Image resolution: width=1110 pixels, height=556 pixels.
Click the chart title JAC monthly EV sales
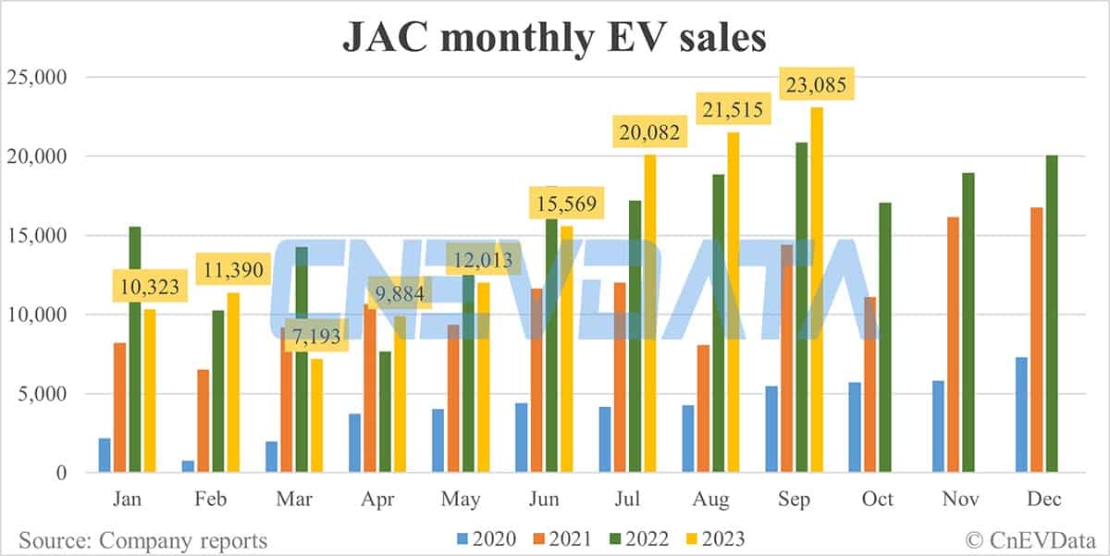554,38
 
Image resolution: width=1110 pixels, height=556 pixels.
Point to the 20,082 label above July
649,133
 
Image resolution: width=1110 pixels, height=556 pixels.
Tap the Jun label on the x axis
544,500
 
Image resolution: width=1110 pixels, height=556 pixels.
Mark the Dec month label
1043,500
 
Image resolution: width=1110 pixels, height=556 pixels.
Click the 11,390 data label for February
234,271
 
